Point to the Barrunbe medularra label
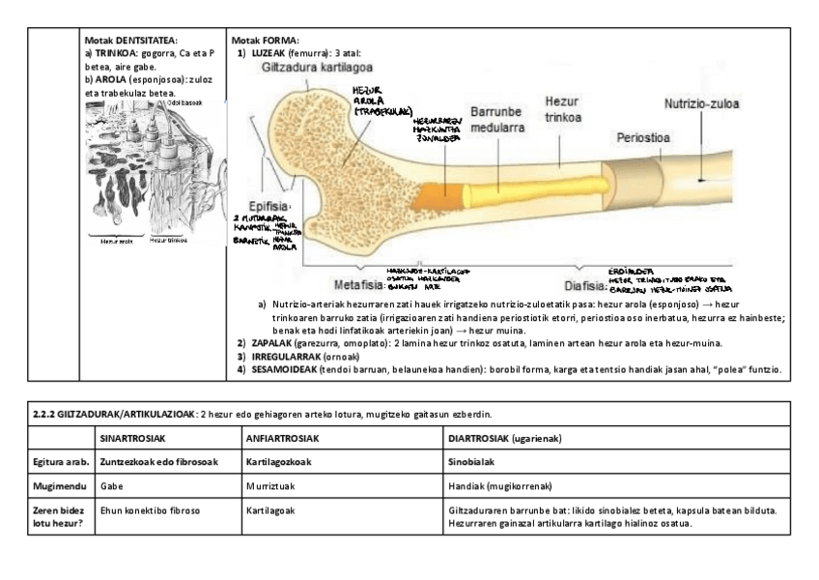tap(498, 120)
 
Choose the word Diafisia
tap(585, 286)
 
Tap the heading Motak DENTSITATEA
tap(130, 40)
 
